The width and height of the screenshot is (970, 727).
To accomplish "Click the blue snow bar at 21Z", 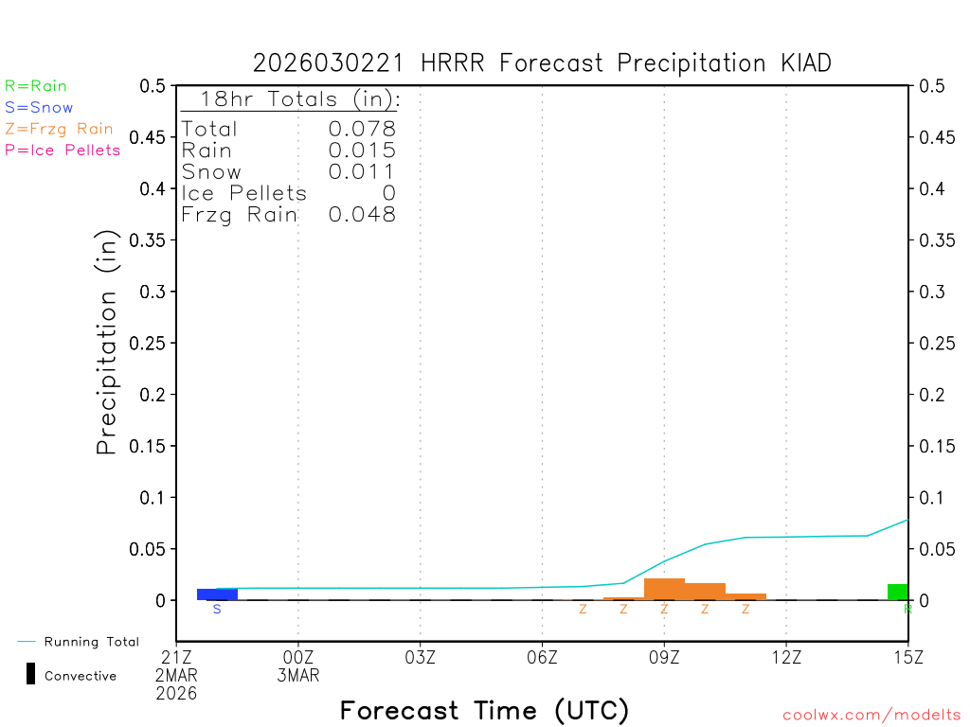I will tap(217, 594).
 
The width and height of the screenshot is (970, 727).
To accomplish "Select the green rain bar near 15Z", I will tap(897, 592).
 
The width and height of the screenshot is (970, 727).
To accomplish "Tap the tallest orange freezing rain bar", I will tap(664, 589).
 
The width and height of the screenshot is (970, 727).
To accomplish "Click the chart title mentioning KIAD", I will tap(542, 63).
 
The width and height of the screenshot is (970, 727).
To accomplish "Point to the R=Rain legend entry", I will tap(36, 86).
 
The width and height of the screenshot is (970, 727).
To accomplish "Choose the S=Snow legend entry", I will tap(39, 108).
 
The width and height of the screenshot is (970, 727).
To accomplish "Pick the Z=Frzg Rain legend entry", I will tap(59, 129).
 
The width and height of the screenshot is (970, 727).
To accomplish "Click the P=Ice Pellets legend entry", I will tap(63, 150).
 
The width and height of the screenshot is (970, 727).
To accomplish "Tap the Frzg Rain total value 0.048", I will tap(362, 215).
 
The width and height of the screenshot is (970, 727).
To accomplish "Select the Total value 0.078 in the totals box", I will tap(362, 130).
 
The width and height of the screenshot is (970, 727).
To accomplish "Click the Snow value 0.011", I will tap(362, 172).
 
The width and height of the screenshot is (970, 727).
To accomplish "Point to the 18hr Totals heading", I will tap(290, 99).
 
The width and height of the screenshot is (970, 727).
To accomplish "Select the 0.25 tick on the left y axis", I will tap(151, 343).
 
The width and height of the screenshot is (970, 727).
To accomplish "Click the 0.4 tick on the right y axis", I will tap(929, 188).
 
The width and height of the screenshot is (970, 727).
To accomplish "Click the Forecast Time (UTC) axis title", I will tap(484, 710).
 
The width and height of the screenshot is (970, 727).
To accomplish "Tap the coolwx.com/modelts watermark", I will tap(871, 716).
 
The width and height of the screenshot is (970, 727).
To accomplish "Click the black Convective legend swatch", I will tap(30, 674).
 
